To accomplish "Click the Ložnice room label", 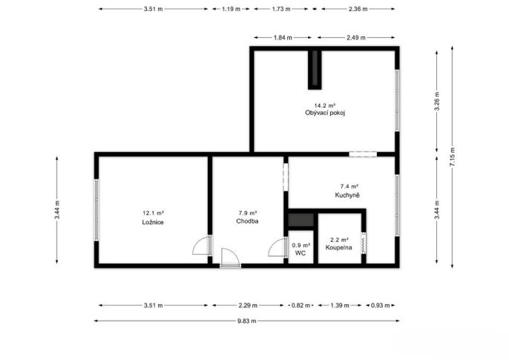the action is pyautogui.click(x=153, y=223).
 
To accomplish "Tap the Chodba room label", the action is pyautogui.click(x=247, y=221).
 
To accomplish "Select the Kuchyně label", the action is pyautogui.click(x=347, y=195).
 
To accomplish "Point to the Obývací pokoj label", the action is pyautogui.click(x=325, y=113).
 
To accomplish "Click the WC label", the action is pyautogui.click(x=301, y=253).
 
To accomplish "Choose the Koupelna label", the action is pyautogui.click(x=339, y=247).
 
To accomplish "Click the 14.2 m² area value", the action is pyautogui.click(x=325, y=105).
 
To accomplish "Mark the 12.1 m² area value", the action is pyautogui.click(x=153, y=213).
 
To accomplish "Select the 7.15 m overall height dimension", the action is pyautogui.click(x=453, y=157).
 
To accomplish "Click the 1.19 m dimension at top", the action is pyautogui.click(x=231, y=9).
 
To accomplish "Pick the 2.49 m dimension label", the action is pyautogui.click(x=356, y=38).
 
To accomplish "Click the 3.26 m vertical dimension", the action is pyautogui.click(x=437, y=101).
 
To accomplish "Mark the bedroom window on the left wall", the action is pyautogui.click(x=96, y=210).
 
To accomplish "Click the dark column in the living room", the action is pyautogui.click(x=315, y=70).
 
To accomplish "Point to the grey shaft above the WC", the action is pyautogui.click(x=301, y=220).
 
